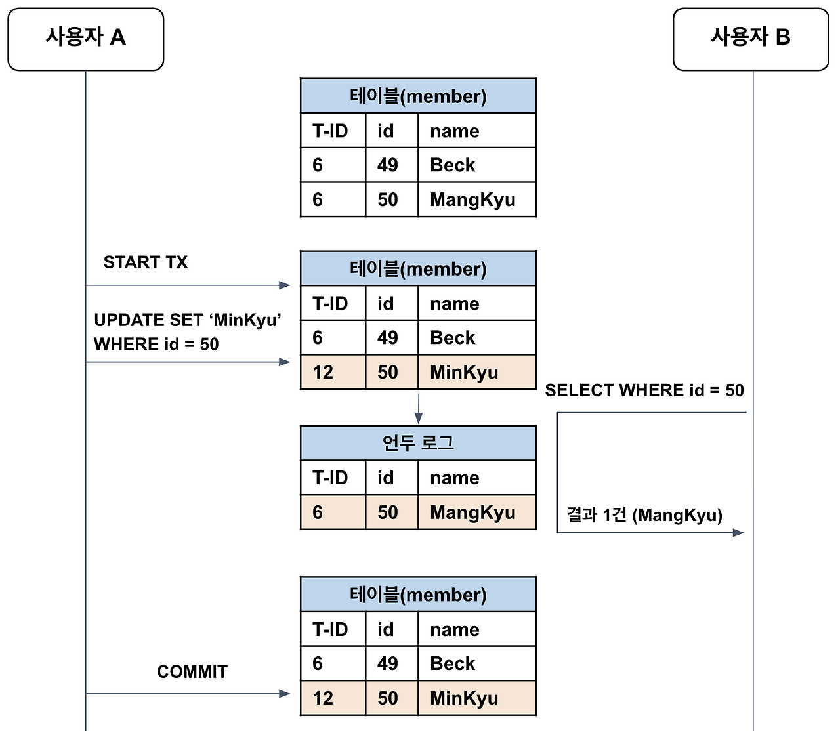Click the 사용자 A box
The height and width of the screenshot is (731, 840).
pos(85,39)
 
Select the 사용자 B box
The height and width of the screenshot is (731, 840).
pos(751,39)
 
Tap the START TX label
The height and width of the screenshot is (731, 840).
pos(145,262)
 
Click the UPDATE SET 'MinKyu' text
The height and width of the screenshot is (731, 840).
pos(188,320)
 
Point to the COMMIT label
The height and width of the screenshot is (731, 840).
pos(192,672)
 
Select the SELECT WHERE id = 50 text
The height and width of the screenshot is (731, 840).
pos(644,390)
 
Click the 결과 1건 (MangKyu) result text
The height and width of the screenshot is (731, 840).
pos(644,515)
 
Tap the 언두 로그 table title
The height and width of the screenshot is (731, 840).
pos(418,443)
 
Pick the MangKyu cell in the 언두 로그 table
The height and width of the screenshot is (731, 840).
pos(472,512)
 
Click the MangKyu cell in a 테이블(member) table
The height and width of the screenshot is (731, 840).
pos(472,199)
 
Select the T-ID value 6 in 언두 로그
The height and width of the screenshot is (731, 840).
pos(318,512)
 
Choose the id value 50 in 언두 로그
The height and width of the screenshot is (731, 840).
pos(387,512)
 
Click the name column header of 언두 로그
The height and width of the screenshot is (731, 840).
pos(454,478)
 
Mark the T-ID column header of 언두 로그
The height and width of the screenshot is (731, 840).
pos(330,478)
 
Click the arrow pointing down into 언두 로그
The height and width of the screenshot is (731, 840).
pos(418,417)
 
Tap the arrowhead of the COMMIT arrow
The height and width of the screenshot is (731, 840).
pos(285,694)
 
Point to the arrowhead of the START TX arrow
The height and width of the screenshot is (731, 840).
pos(285,285)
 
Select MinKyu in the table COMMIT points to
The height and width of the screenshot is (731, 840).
pos(464,698)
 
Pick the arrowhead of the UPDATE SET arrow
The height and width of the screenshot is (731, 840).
pos(285,362)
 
